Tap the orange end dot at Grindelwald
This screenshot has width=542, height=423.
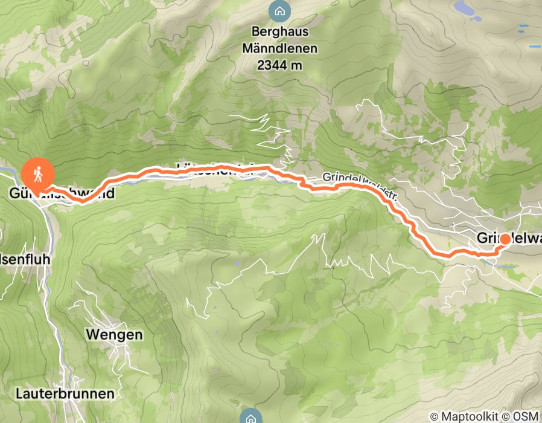tap(504, 240)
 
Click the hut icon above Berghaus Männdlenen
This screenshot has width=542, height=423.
tap(278, 10)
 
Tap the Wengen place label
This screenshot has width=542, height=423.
tap(114, 334)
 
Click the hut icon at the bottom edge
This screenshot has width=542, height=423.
tap(250, 417)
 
